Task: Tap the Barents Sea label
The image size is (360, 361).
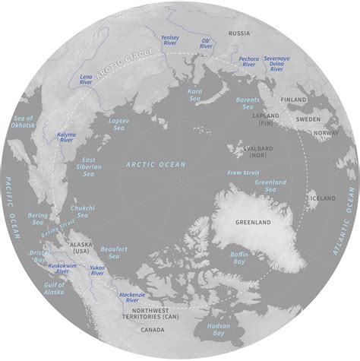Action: (x=247, y=103)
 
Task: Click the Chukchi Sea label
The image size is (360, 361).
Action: (x=82, y=211)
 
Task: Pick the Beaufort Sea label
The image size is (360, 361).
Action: (x=117, y=252)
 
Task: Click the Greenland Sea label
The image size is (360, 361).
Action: (x=270, y=185)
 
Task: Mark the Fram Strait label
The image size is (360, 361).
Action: (x=242, y=173)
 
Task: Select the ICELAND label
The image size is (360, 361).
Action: (x=321, y=198)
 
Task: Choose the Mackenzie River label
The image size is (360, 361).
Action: (x=131, y=296)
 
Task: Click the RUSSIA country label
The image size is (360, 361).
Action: (x=239, y=33)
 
